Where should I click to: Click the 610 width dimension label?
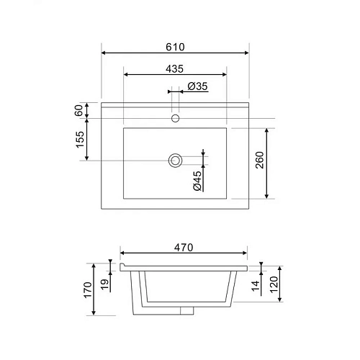(175, 47)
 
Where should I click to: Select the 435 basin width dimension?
(174, 69)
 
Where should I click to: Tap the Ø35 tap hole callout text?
(197, 86)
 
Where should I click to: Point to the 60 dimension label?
(78, 110)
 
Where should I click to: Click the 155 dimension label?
(80, 140)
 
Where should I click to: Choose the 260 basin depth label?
(260, 160)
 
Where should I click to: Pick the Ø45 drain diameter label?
(197, 181)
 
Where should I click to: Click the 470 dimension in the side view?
(184, 248)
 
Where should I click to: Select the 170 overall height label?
(88, 290)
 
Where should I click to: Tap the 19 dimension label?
(104, 284)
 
